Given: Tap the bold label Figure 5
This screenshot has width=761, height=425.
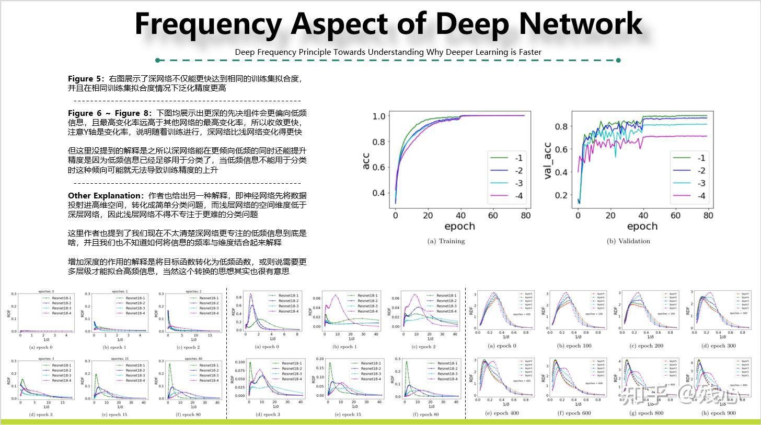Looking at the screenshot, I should (85, 79).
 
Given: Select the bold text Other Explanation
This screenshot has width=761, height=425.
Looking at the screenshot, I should (104, 196).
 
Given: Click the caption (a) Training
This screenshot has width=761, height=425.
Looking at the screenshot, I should (446, 241).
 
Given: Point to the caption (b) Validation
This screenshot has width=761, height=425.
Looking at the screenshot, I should (628, 241).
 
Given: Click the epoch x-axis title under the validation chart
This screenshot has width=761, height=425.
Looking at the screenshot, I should (642, 226).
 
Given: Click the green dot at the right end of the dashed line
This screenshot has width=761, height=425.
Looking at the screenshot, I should (618, 60).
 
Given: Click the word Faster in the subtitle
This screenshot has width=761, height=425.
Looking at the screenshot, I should (528, 52).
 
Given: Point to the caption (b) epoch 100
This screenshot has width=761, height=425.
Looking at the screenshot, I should (576, 346).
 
